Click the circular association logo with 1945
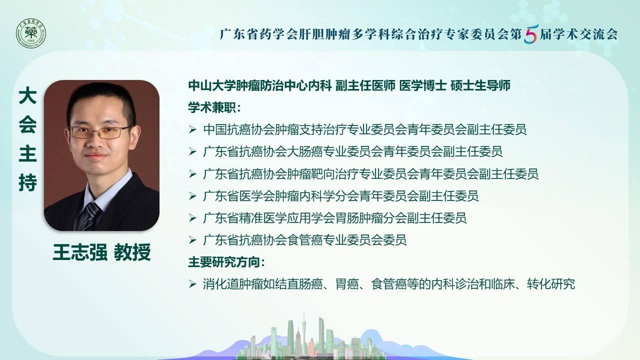[x=31, y=33]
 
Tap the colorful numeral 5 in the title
[x=531, y=34]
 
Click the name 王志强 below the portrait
[x=80, y=252]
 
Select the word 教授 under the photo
[x=132, y=252]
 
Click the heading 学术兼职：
[x=215, y=107]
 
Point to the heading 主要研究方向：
[x=227, y=262]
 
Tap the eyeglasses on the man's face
[x=100, y=132]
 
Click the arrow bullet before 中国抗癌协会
[x=192, y=129]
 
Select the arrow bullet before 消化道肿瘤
[x=192, y=284]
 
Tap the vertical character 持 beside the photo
[x=27, y=182]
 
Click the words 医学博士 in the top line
[x=423, y=85]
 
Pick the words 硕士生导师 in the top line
[x=480, y=85]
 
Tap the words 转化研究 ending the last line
[x=551, y=284]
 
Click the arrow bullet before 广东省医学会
[x=192, y=196]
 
